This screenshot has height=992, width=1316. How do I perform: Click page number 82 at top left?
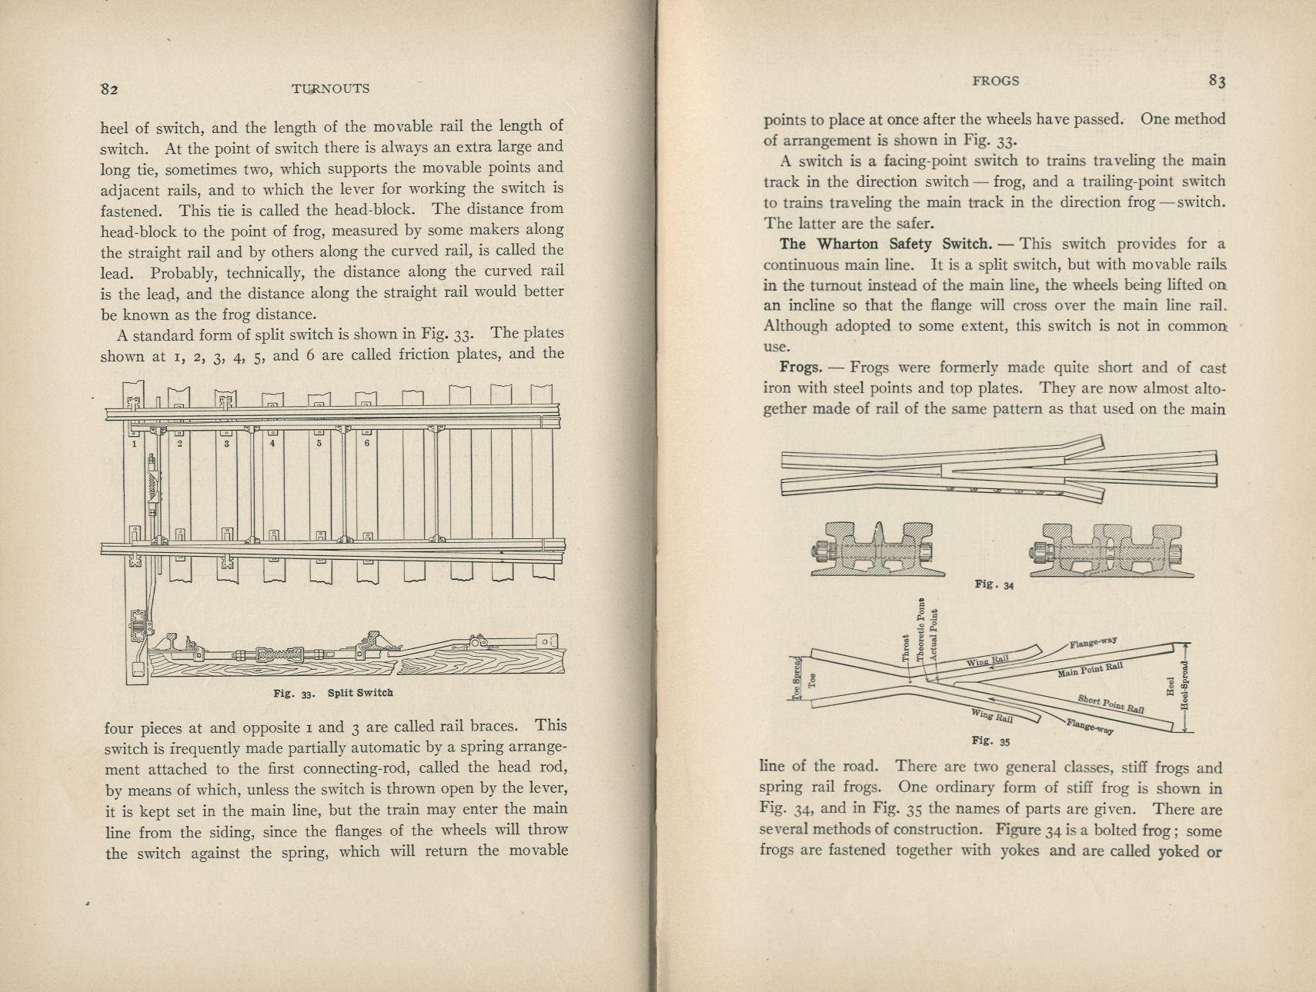[109, 88]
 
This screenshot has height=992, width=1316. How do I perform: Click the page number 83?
[1216, 81]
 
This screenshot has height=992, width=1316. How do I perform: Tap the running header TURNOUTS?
[330, 88]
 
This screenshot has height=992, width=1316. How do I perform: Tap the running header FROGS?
[995, 81]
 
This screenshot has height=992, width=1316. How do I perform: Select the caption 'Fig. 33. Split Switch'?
[333, 693]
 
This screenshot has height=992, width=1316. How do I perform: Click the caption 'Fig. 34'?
[994, 584]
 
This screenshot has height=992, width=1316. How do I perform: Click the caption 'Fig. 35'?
[990, 741]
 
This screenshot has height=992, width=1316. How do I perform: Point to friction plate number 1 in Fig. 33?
[135, 444]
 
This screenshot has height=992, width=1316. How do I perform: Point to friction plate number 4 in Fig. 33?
[272, 444]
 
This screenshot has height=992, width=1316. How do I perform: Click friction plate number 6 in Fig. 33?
[367, 444]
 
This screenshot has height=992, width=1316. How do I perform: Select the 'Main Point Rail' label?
[1090, 670]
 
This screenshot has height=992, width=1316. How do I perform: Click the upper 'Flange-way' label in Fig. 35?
[1093, 642]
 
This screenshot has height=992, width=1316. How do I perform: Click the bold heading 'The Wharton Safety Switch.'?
[885, 245]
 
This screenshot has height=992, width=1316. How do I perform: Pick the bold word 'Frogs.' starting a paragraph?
[800, 368]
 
